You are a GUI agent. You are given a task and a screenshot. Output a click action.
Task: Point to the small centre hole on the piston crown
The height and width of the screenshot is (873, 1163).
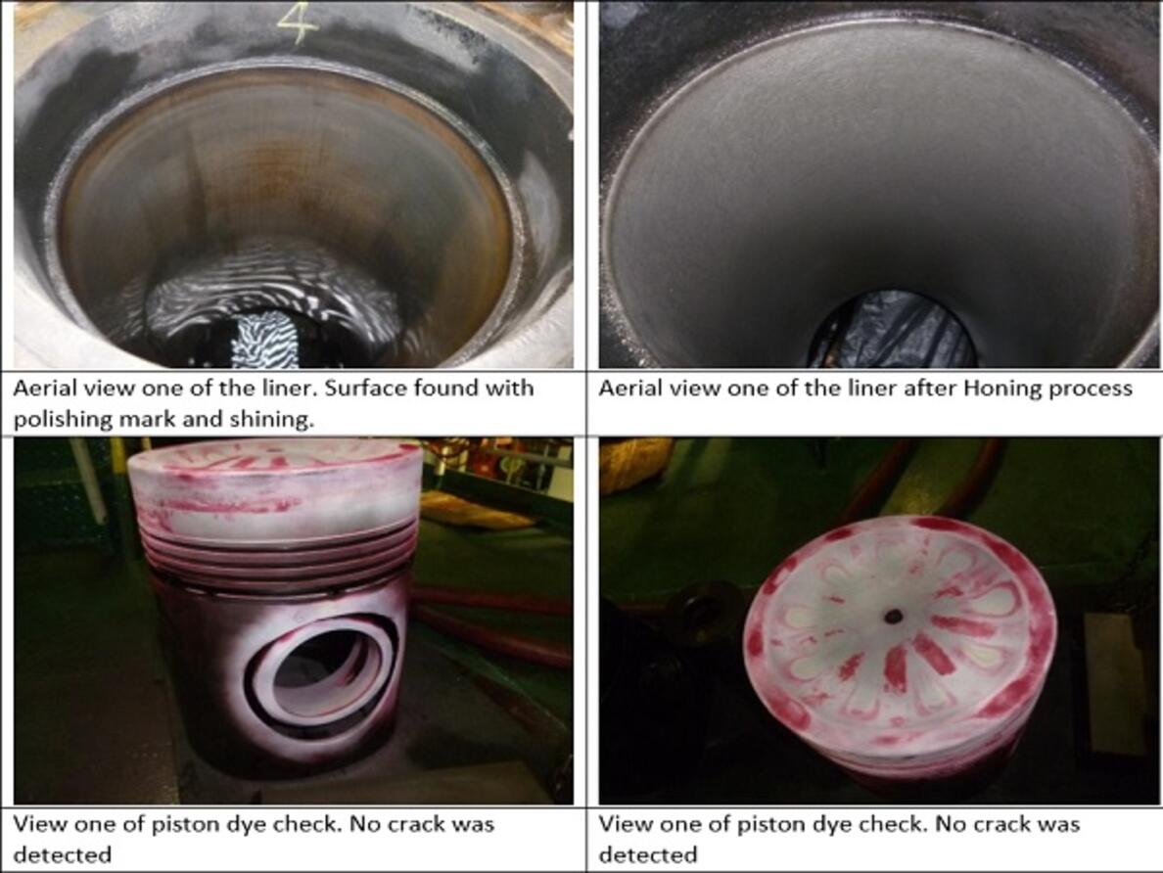pyautogui.click(x=893, y=617)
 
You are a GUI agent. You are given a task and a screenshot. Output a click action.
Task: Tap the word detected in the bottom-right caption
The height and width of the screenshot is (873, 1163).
pyautogui.click(x=648, y=855)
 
